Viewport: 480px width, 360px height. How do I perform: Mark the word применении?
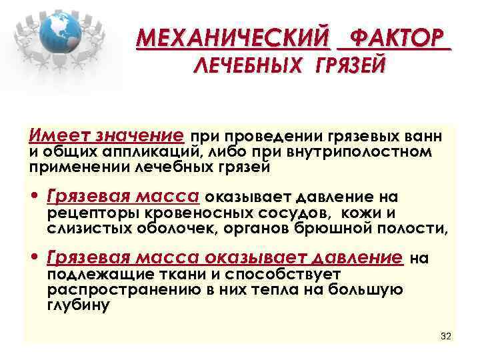pos(69,167)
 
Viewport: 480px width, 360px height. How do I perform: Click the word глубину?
pos(77,305)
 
